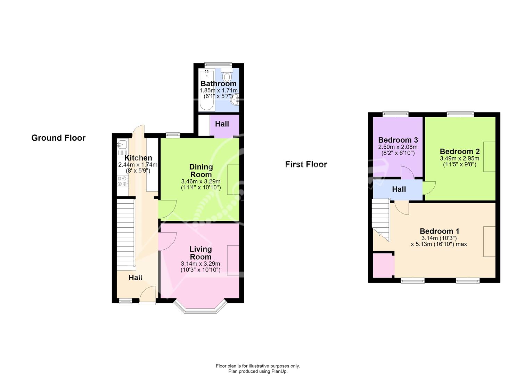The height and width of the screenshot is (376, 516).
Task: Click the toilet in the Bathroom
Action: [227, 75]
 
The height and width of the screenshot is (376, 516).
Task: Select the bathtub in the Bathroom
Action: [207, 90]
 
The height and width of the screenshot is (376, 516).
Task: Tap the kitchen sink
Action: [122, 144]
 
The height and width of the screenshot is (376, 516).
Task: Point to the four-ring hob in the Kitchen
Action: [122, 181]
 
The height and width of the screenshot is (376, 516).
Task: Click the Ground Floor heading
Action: [58, 138]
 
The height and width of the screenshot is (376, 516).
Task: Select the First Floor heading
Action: [306, 164]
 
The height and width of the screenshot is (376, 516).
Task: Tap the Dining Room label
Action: [201, 171]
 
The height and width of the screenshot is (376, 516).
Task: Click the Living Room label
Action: [200, 253]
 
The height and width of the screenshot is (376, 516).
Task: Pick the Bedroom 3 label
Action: [398, 140]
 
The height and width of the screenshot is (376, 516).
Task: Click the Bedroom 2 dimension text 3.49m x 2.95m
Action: [459, 158]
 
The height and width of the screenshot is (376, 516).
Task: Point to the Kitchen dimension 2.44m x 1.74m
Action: [138, 165]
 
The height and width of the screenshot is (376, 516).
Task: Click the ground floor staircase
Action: [126, 234]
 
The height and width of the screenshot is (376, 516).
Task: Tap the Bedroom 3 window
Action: [395, 114]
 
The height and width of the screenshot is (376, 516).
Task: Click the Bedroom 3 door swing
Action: [407, 173]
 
